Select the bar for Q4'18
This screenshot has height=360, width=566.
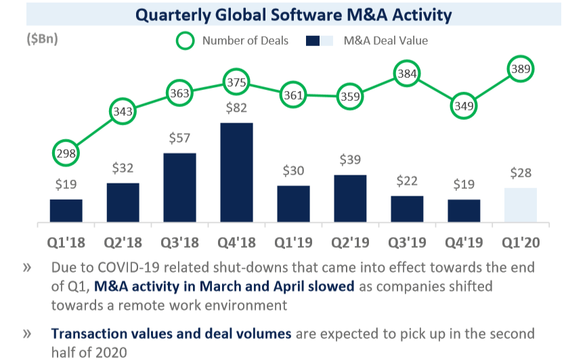(236, 172)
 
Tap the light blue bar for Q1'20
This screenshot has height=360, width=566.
(521, 204)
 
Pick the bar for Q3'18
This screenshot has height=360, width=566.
(179, 187)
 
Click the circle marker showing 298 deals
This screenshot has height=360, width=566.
(66, 153)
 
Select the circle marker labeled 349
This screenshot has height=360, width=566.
(464, 106)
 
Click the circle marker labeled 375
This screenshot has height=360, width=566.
(236, 82)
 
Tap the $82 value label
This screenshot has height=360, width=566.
(236, 108)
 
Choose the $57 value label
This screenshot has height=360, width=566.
(179, 138)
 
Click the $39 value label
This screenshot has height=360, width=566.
(350, 160)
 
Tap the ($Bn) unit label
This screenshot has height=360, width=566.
(42, 39)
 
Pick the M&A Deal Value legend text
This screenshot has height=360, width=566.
(385, 41)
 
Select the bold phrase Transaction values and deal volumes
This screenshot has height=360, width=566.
(171, 334)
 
